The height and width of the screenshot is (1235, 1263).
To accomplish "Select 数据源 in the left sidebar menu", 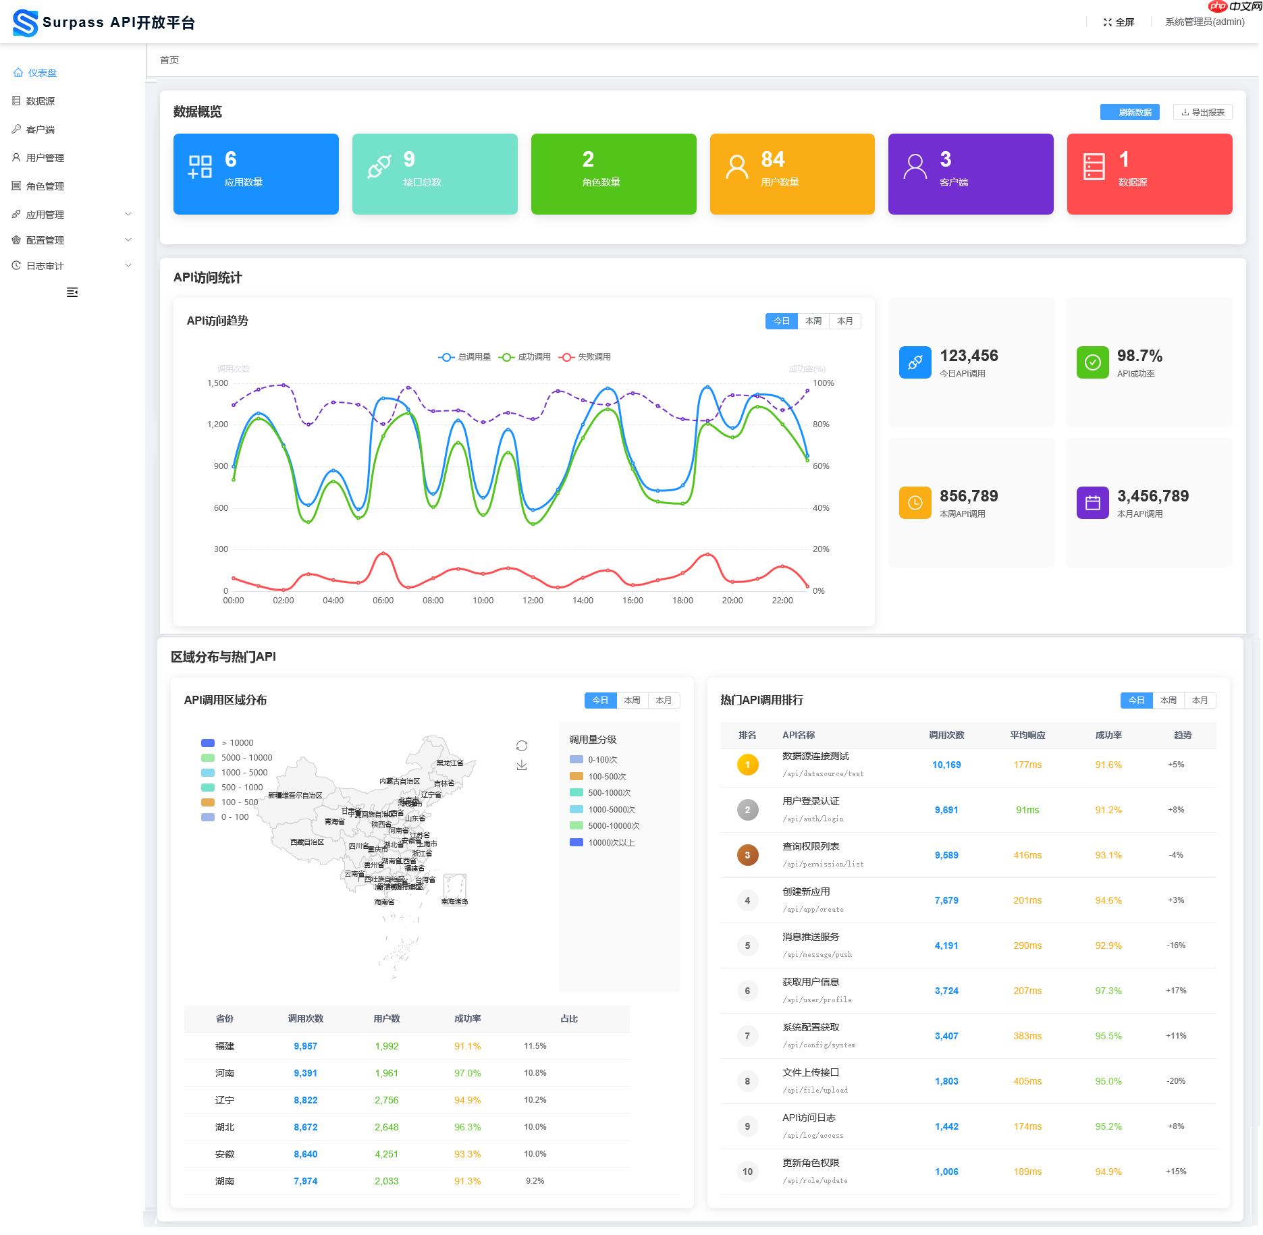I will point(40,101).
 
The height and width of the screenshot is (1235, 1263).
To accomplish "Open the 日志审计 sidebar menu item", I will point(45,266).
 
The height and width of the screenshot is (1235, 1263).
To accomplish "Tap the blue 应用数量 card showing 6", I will point(256,174).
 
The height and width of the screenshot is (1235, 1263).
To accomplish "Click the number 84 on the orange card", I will point(773,159).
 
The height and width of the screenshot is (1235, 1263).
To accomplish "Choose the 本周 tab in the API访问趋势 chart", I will point(813,321).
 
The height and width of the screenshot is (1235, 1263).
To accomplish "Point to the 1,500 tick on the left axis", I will point(217,383).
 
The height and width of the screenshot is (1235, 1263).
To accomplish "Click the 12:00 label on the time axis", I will point(533,601).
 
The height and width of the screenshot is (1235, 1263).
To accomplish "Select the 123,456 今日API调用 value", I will point(969,356).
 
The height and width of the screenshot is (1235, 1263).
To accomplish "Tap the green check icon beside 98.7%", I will point(1092,362).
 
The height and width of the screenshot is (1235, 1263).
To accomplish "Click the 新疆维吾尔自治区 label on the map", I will point(295,796).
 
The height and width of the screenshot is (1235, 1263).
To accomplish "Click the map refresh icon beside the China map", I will point(522,746).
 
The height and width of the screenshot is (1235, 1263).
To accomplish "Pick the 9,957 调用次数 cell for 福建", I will point(305,1046).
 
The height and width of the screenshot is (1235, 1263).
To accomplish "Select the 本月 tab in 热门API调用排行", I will point(1200,701).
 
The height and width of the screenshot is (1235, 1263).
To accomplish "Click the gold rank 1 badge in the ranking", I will point(747,765).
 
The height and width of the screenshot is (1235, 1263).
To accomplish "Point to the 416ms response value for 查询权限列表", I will point(1027,855).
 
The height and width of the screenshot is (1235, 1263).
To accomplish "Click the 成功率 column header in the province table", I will point(467,1019).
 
